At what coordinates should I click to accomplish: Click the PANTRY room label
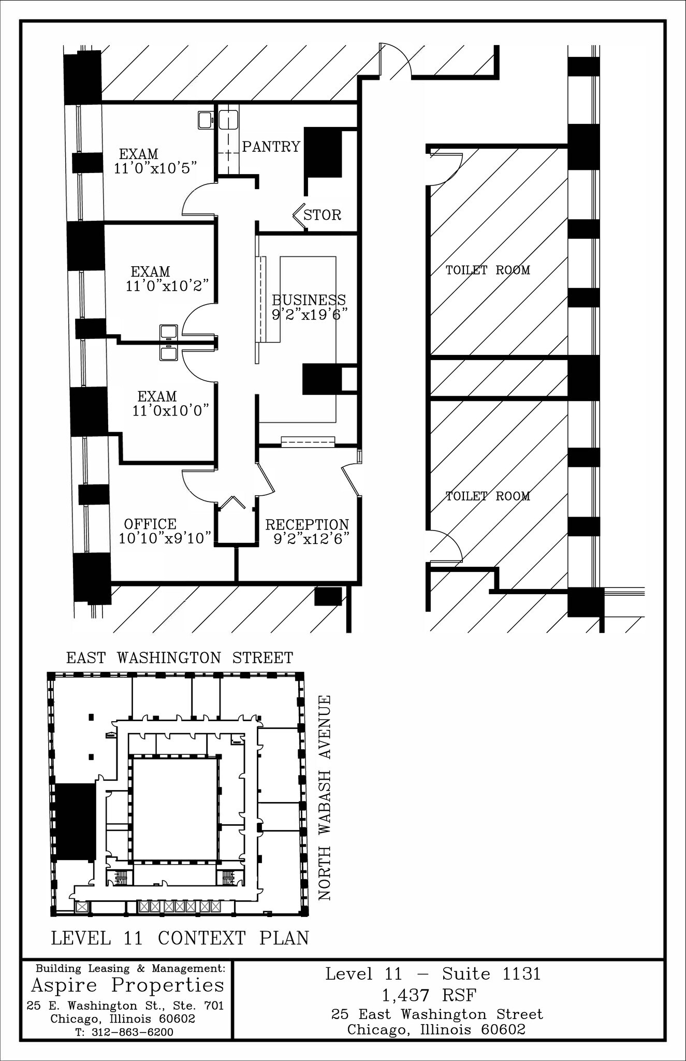tap(271, 147)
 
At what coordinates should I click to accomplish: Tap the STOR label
tap(322, 214)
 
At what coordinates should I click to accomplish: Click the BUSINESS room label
tap(309, 300)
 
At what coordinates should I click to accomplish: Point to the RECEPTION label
tap(307, 524)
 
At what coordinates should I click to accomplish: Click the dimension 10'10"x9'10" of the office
tap(165, 538)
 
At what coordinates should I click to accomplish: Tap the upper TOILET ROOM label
tap(488, 270)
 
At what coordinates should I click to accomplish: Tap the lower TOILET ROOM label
tap(488, 496)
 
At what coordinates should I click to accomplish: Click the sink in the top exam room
tap(205, 120)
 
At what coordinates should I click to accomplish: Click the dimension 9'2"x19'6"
tap(309, 314)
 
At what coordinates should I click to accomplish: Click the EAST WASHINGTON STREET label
tap(180, 658)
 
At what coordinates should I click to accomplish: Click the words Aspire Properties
tap(128, 984)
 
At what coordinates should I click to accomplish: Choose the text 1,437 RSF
tap(429, 995)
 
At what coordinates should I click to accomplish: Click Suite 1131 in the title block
tap(491, 974)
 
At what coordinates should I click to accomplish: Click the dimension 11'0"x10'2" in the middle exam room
tap(167, 285)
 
